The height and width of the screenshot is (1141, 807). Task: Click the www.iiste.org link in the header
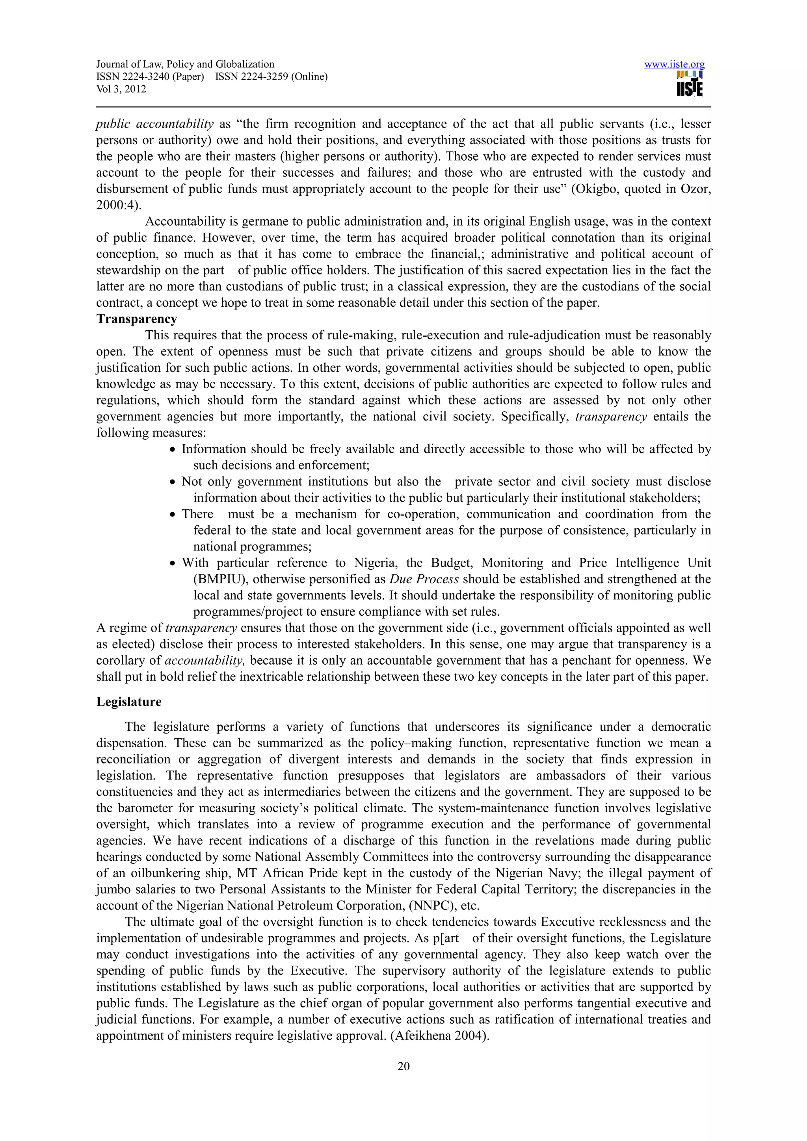(674, 65)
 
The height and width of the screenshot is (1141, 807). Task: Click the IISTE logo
(690, 84)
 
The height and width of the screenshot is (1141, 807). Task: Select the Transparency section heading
(137, 319)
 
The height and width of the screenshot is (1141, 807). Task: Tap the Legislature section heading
(129, 702)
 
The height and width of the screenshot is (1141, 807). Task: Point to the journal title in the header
(185, 64)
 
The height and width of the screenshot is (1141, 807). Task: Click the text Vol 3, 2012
(121, 89)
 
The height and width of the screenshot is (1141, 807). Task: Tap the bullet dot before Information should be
(173, 450)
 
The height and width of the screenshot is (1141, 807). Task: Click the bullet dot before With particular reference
(173, 563)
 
